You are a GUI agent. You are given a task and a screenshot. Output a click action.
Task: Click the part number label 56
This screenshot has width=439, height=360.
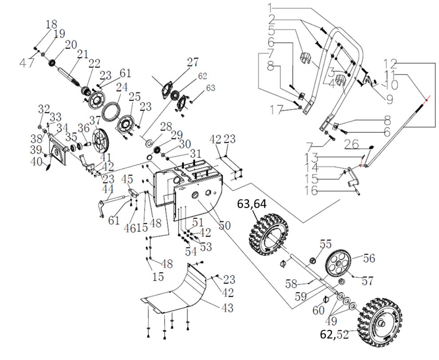[x=369, y=258]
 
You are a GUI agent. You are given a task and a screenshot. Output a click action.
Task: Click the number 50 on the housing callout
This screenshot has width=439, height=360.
[x=224, y=225]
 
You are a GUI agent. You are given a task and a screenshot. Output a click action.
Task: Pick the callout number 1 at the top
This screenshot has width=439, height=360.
[x=271, y=8]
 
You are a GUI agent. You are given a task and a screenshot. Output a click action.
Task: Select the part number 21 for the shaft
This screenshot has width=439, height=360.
[x=82, y=54]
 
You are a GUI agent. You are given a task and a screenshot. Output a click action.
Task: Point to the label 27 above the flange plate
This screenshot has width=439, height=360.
[x=192, y=62]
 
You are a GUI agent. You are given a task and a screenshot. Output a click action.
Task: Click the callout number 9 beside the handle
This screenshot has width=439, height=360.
[x=389, y=100]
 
